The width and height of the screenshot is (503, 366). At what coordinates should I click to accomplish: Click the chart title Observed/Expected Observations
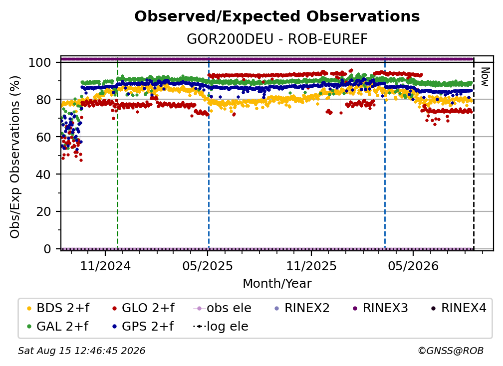277,16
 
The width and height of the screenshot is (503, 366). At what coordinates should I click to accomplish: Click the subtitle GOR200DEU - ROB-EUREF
277,39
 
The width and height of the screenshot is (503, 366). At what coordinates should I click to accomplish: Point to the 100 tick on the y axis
40,62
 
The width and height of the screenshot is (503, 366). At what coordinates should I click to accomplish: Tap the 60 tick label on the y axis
43,137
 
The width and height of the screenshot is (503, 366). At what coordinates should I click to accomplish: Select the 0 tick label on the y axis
47,249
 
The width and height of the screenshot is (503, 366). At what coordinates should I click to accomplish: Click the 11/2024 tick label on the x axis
105,266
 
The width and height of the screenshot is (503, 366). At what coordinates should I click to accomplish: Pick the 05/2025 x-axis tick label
208,266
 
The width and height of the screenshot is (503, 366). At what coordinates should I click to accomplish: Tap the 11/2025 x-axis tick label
311,266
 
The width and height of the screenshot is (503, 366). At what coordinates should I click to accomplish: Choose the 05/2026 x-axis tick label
413,266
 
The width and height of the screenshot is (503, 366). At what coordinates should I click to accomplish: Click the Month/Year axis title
277,284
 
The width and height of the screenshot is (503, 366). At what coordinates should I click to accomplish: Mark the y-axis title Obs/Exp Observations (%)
15,157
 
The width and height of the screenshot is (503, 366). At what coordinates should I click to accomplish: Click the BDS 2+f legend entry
58,308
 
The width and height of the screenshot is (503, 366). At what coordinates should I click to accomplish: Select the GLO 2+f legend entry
143,308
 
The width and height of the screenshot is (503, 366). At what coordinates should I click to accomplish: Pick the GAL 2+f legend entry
57,327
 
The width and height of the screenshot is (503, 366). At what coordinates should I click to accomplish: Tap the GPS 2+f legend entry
143,327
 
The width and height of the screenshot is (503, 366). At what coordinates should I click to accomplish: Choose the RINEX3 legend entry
380,308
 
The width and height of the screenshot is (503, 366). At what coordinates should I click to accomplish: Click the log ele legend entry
221,327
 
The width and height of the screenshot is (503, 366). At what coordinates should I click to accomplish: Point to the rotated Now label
485,77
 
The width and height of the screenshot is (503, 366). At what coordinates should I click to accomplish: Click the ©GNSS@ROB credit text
451,351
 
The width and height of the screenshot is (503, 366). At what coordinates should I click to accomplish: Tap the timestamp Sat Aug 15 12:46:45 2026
81,351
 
